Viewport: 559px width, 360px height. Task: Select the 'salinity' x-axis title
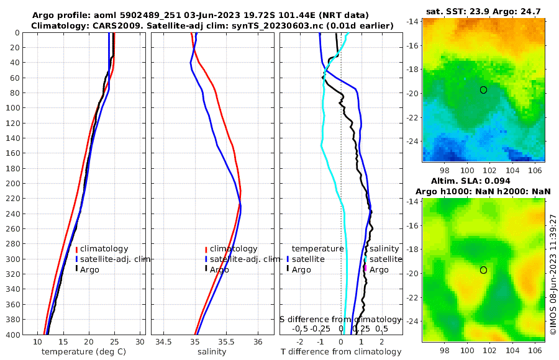click(x=211, y=352)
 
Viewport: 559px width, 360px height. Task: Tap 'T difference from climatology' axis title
click(x=341, y=352)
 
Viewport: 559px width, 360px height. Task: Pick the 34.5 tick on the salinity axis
click(x=164, y=342)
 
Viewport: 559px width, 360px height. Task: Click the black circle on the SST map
click(x=483, y=90)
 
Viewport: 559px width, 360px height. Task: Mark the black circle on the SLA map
click(x=483, y=270)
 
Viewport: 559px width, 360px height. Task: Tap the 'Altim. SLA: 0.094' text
click(x=483, y=181)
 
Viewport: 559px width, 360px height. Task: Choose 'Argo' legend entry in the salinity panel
click(x=219, y=270)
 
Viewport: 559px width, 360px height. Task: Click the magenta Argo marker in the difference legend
click(x=366, y=269)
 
